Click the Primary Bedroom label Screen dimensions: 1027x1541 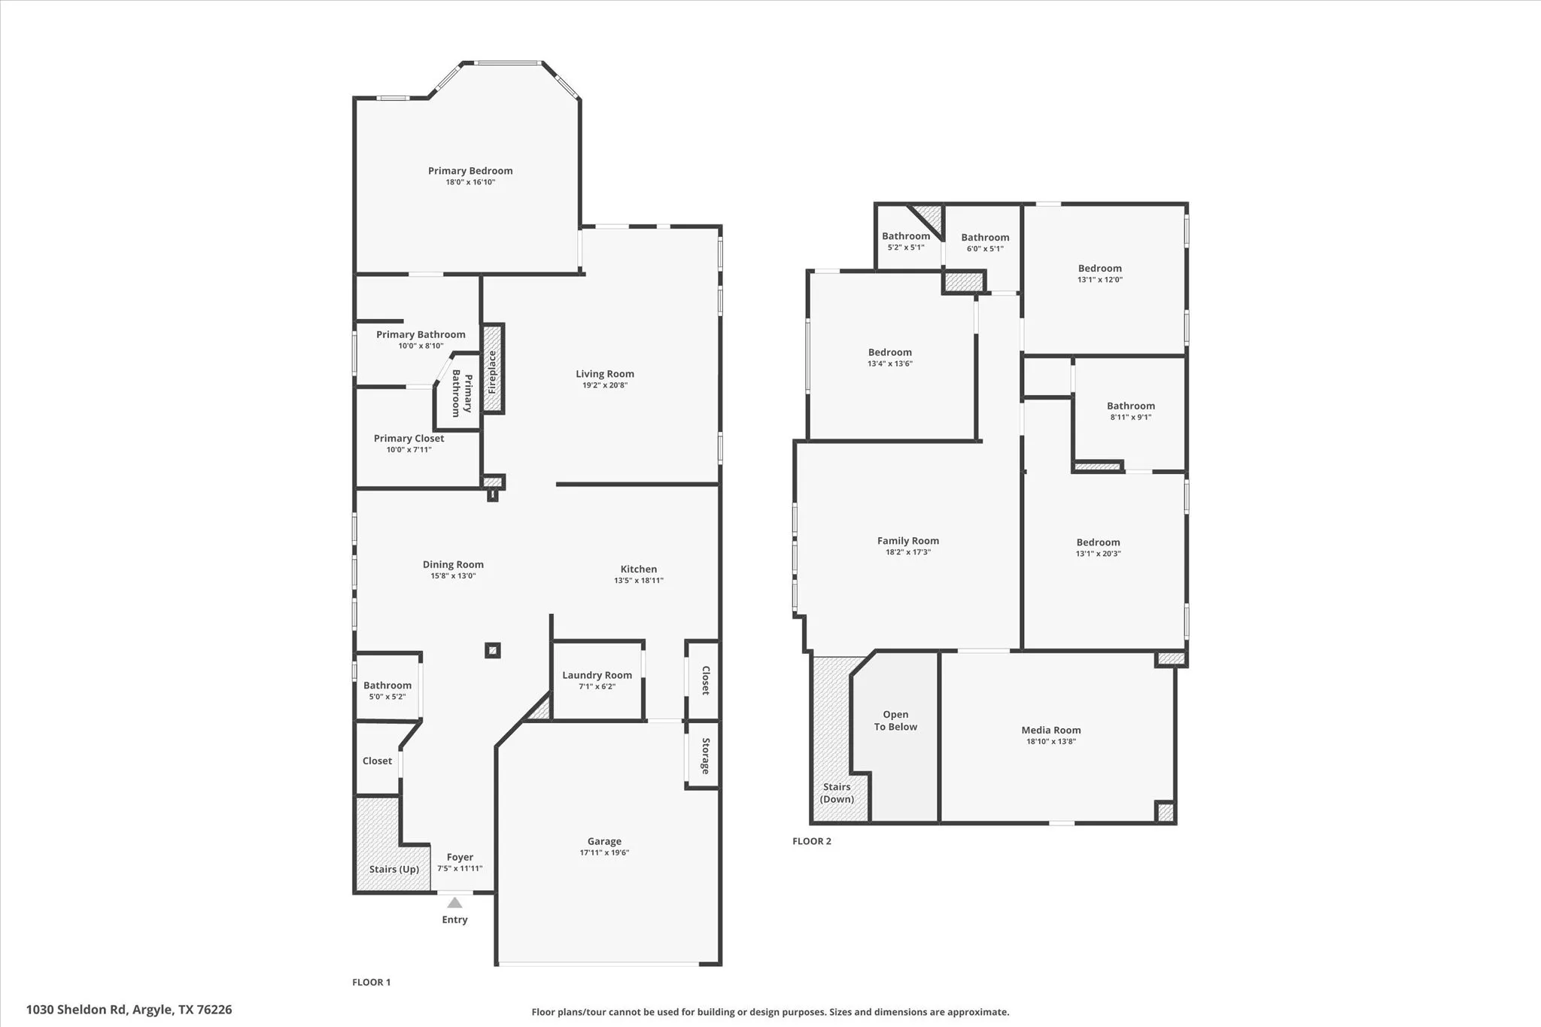click(x=470, y=171)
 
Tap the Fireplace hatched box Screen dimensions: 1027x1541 click(x=493, y=369)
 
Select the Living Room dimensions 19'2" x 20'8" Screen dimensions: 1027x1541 click(x=604, y=385)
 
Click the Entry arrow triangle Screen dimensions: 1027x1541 click(x=454, y=902)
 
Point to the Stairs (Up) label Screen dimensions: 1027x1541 click(x=394, y=869)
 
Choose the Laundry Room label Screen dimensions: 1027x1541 click(x=597, y=675)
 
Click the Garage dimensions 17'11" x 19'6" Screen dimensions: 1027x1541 click(x=604, y=852)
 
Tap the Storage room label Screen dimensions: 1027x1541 click(x=706, y=755)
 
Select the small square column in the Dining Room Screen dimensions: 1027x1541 click(x=493, y=650)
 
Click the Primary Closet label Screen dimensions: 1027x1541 click(x=409, y=438)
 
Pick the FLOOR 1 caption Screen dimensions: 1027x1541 click(x=371, y=982)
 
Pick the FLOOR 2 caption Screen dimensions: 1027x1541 click(x=811, y=841)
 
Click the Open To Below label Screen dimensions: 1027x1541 click(x=895, y=720)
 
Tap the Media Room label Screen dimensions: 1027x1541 click(x=1050, y=730)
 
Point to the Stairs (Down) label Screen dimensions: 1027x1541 click(x=837, y=792)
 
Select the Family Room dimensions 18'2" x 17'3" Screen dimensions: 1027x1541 click(x=907, y=552)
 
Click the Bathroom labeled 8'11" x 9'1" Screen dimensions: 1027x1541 click(x=1130, y=406)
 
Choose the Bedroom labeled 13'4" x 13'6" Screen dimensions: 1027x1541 click(x=889, y=352)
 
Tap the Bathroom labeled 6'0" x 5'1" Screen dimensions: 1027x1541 click(x=985, y=238)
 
